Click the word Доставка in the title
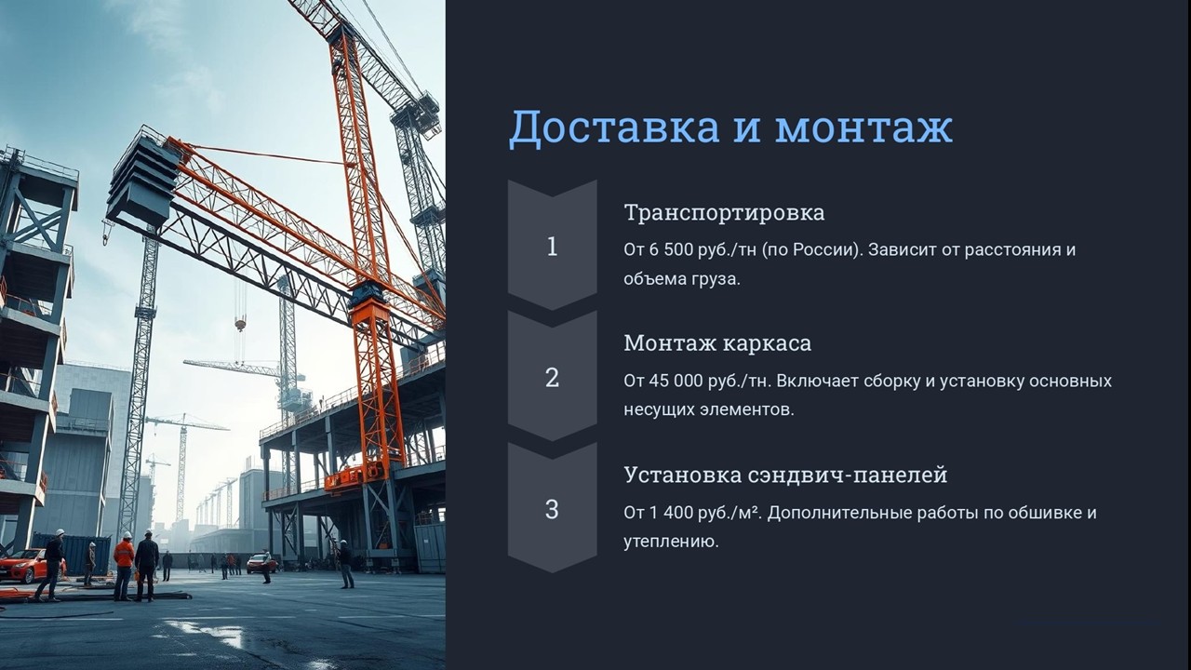pyautogui.click(x=615, y=128)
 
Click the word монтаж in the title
pyautogui.click(x=863, y=128)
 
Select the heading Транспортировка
pyautogui.click(x=724, y=213)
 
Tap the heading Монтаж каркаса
pyautogui.click(x=717, y=343)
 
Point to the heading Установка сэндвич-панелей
pyautogui.click(x=785, y=475)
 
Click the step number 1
pyautogui.click(x=552, y=247)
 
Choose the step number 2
pyautogui.click(x=552, y=378)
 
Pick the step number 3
pyautogui.click(x=552, y=509)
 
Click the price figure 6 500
pyautogui.click(x=673, y=249)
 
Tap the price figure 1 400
pyautogui.click(x=673, y=513)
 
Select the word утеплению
pyautogui.click(x=671, y=543)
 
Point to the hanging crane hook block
pyautogui.click(x=240, y=323)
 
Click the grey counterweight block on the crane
pyautogui.click(x=142, y=180)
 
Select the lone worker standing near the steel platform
pyautogui.click(x=345, y=564)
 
